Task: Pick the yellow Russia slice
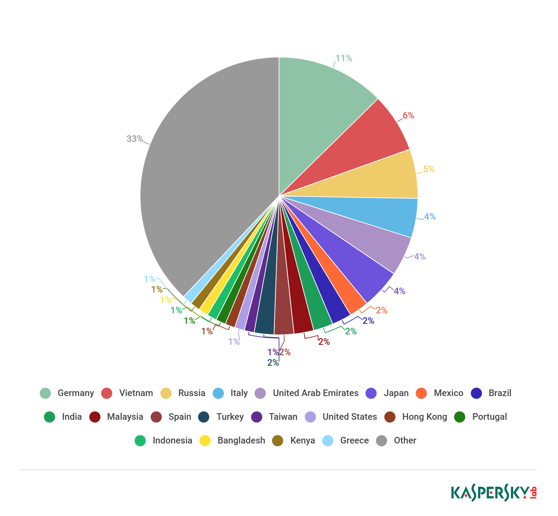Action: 377,178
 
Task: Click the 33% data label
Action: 135,139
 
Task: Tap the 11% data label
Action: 344,59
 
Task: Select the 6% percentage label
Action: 408,115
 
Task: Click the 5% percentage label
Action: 429,169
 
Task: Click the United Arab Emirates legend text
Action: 315,393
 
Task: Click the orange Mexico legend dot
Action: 422,393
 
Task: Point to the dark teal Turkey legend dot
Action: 204,417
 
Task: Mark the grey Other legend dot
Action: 382,440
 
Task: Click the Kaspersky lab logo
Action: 493,493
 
